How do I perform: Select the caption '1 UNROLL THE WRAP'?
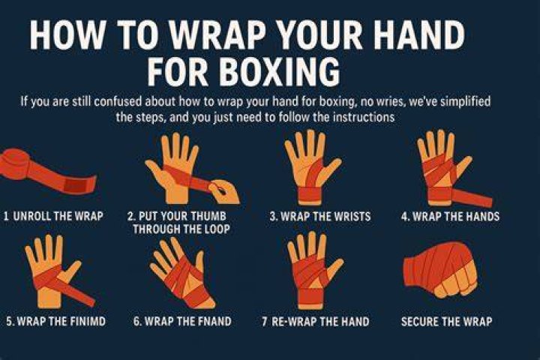53,216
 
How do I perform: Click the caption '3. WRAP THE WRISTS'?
320,216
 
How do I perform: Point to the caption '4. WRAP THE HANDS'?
450,216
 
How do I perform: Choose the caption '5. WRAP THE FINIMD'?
55,322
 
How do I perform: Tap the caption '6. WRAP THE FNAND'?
182,322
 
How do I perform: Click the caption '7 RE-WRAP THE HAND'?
316,322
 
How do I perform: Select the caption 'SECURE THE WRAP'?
447,322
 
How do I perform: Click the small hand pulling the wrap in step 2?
224,191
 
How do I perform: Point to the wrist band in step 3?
310,195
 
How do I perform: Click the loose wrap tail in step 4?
472,198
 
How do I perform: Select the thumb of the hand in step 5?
71,271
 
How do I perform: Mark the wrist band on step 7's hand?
310,297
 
